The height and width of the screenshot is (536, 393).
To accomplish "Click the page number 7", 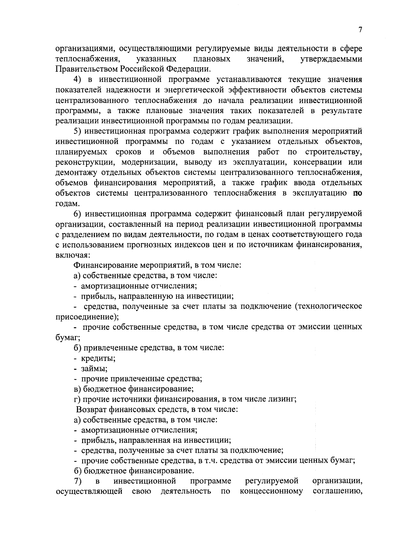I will click(360, 30).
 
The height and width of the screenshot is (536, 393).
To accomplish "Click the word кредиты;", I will click(98, 358).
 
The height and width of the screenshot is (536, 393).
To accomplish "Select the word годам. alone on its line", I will click(67, 204).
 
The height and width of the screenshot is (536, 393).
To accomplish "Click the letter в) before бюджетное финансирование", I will click(77, 389).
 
